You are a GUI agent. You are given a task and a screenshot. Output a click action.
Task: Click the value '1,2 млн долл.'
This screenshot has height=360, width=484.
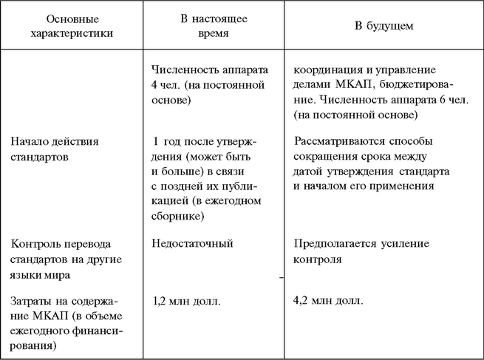(186, 301)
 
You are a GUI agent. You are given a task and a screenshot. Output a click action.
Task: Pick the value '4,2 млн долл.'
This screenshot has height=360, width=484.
(328, 301)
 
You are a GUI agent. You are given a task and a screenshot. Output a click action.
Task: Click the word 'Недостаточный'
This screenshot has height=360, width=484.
(191, 243)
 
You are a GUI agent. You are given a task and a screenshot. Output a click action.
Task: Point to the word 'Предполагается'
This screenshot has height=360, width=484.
(331, 243)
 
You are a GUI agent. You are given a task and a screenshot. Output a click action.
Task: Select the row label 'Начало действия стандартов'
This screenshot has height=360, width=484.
(55, 148)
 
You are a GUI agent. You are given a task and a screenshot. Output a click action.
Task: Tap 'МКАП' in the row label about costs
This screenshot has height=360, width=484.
(29, 317)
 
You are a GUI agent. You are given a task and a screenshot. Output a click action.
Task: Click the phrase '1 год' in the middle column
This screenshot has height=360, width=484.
(167, 140)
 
